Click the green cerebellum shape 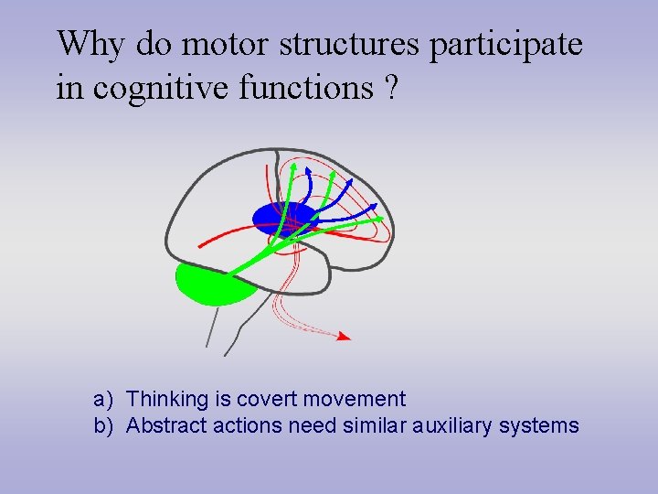[x=214, y=283]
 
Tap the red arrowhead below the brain [x=344, y=337]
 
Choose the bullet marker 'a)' [x=102, y=400]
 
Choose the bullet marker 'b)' [x=102, y=425]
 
